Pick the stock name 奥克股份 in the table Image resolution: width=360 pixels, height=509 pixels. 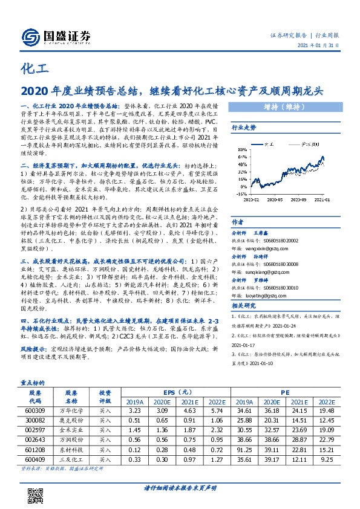click(x=71, y=420)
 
